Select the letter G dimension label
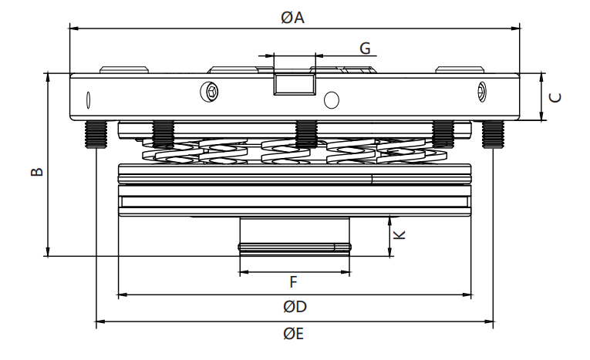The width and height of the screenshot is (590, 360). pyautogui.click(x=366, y=48)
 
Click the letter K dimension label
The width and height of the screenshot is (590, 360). pyautogui.click(x=400, y=234)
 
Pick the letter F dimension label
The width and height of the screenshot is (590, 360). pyautogui.click(x=294, y=282)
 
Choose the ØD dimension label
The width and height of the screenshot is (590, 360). pyautogui.click(x=294, y=306)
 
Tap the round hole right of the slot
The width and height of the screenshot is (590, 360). pyautogui.click(x=332, y=100)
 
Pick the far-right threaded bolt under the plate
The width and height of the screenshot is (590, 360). pyautogui.click(x=492, y=134)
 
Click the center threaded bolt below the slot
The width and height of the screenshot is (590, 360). pyautogui.click(x=307, y=134)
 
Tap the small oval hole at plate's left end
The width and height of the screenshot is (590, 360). pyautogui.click(x=89, y=101)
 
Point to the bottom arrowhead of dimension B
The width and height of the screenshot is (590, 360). pyautogui.click(x=49, y=254)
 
